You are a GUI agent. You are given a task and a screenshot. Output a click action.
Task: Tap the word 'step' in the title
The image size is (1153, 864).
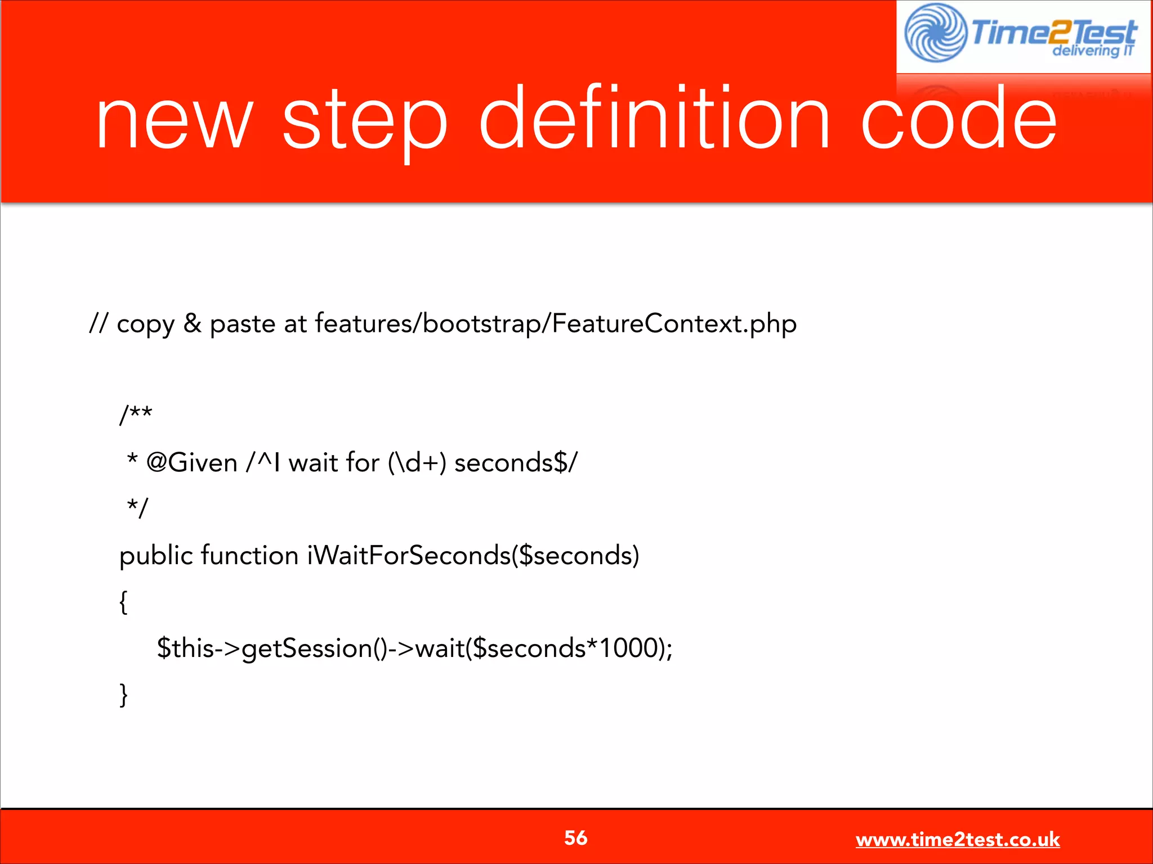[364, 121]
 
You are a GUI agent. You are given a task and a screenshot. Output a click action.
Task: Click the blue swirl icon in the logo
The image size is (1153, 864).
[935, 33]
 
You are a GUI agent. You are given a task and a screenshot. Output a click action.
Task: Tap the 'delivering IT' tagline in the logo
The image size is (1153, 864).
[1092, 51]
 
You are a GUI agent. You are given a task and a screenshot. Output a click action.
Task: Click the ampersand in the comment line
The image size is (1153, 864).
[193, 323]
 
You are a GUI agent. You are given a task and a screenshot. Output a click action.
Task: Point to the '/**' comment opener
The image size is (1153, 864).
[136, 415]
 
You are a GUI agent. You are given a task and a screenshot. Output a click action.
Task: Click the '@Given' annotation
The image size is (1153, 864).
[191, 463]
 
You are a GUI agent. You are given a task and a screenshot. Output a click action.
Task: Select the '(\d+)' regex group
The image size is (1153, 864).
[417, 463]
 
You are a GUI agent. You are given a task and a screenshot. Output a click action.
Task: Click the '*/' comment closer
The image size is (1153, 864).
[137, 508]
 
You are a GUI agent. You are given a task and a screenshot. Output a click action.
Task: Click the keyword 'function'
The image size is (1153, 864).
[249, 556]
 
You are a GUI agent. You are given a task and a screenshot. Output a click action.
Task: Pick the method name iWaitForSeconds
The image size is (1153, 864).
[409, 556]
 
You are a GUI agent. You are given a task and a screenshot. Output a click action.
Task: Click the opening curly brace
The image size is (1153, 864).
[123, 602]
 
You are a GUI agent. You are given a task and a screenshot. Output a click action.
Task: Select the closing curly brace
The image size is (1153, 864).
[123, 695]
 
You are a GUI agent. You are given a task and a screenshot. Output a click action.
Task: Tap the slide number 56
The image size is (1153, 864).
[576, 838]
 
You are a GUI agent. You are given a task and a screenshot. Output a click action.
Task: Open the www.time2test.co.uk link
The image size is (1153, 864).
[958, 839]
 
